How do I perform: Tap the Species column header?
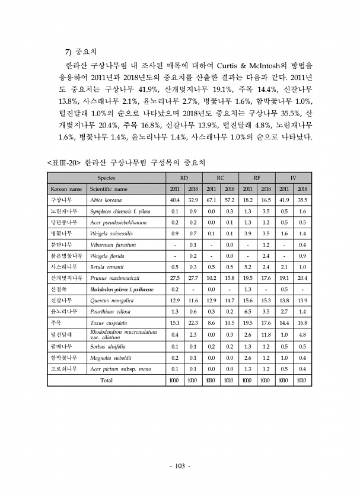pyautogui.click(x=106, y=177)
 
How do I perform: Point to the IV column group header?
pyautogui.click(x=294, y=177)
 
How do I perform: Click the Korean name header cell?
pyautogui.click(x=66, y=189)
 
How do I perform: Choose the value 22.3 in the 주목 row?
pyautogui.click(x=193, y=323)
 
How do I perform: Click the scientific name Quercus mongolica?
pyautogui.click(x=111, y=301)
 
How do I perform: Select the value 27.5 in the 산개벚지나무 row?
pyautogui.click(x=175, y=278)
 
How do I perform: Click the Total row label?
pyautogui.click(x=106, y=380)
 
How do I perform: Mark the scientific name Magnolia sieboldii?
pyautogui.click(x=110, y=357)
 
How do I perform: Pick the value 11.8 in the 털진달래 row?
pyautogui.click(x=266, y=335)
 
